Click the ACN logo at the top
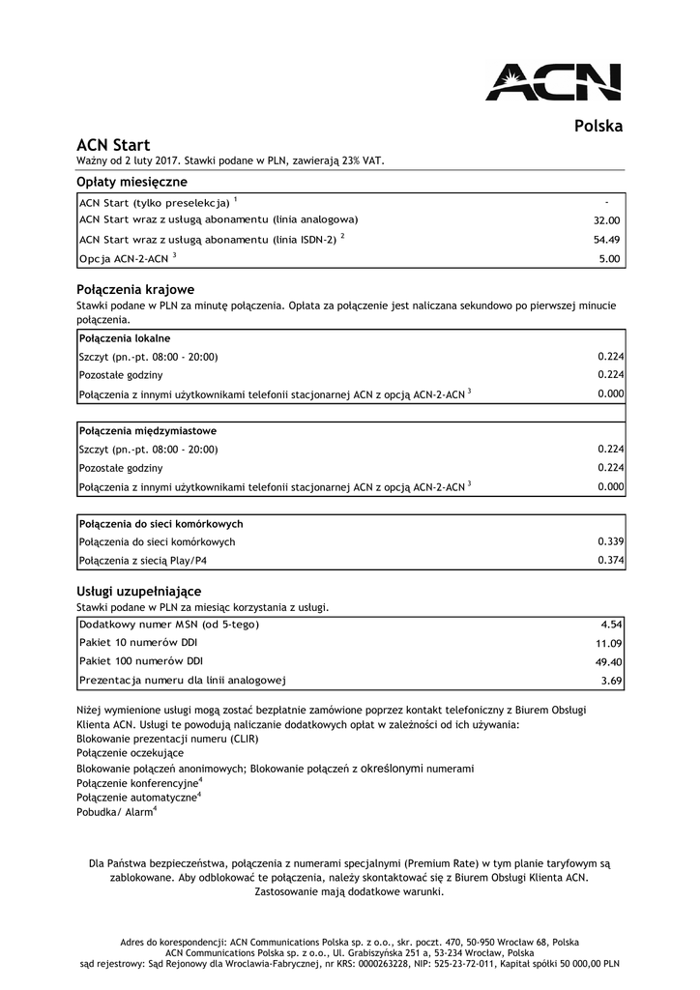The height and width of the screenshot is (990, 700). coord(553,81)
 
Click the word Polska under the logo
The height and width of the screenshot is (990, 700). coord(598,126)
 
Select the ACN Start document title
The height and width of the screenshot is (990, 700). coord(113,145)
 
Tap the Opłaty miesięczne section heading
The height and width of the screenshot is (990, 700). coord(131,182)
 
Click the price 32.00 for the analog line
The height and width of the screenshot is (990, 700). coord(606,220)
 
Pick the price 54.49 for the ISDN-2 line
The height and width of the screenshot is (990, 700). coord(606,240)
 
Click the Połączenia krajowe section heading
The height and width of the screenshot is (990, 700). coord(135,289)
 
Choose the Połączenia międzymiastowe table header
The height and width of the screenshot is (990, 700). coord(147,430)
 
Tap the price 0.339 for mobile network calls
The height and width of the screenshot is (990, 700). coord(610,541)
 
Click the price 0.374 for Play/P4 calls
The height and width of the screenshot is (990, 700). coord(610,560)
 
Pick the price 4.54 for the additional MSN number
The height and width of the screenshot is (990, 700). coord(610,625)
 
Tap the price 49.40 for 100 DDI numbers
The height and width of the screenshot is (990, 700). coord(606,661)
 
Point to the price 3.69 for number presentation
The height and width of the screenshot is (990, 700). coord(610,681)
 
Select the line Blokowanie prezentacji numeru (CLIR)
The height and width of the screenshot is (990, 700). coord(167,738)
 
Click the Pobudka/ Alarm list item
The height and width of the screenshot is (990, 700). coord(116,813)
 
